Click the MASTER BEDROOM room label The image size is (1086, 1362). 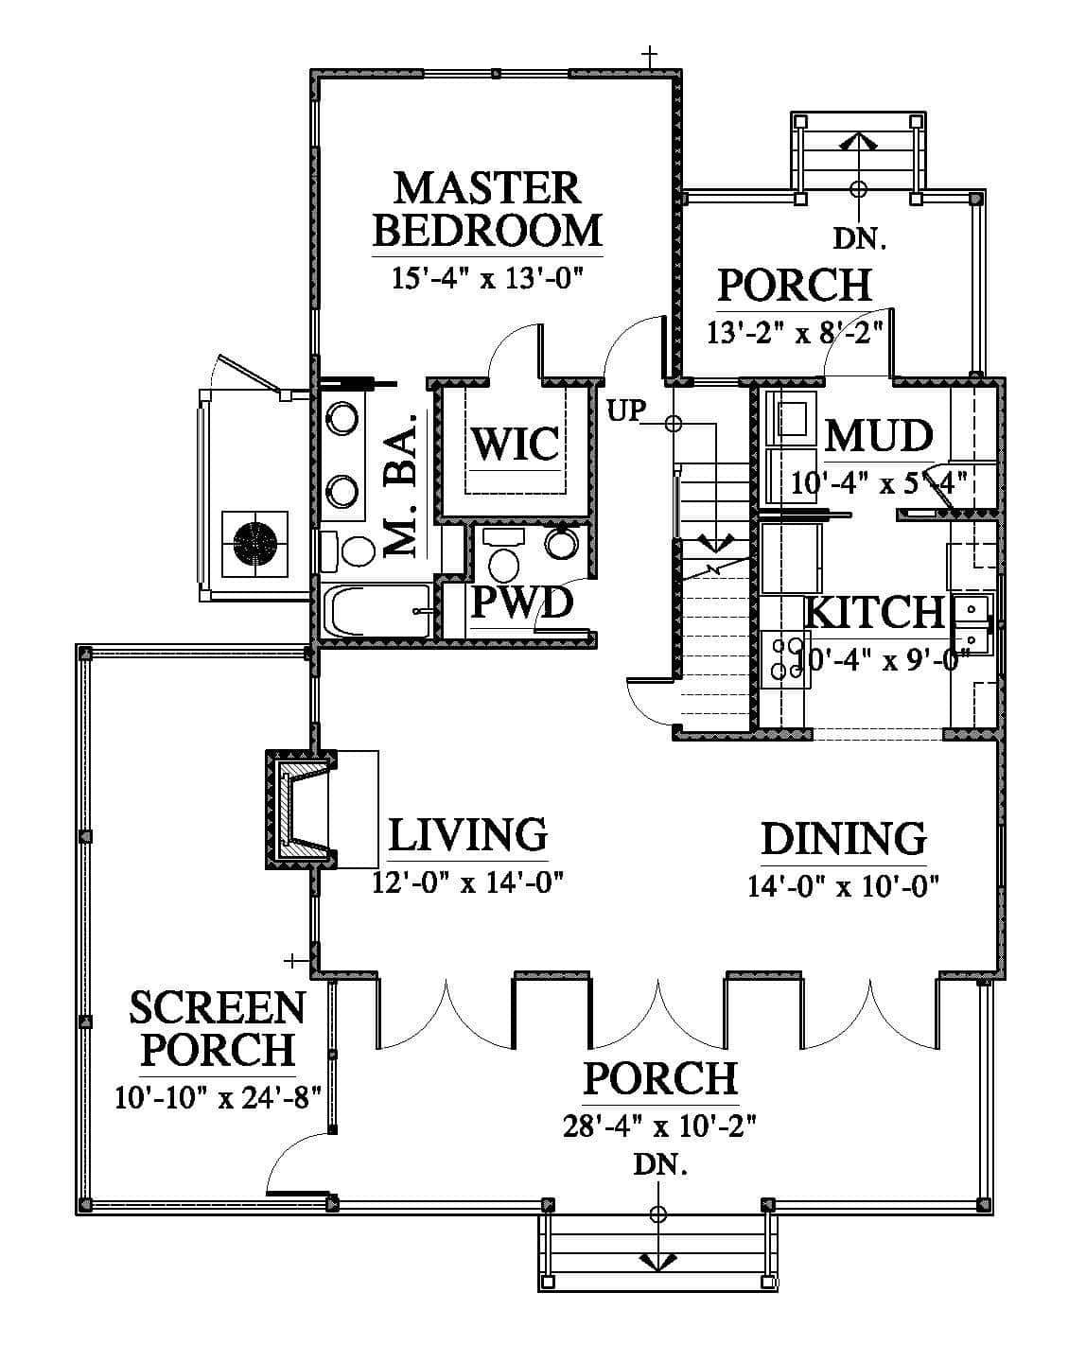tap(486, 209)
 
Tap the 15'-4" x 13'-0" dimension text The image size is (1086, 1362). tap(486, 278)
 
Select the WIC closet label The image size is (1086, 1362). tap(516, 444)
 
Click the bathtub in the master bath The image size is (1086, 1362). tap(377, 611)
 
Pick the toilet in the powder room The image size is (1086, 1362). tap(504, 557)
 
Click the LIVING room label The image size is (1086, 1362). tap(468, 835)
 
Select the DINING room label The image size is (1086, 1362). tap(844, 839)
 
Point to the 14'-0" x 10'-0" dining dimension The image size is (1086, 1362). tap(843, 886)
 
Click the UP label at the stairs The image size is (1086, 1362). tap(626, 410)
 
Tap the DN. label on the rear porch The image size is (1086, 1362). tap(859, 238)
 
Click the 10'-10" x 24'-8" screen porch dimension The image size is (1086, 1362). tap(219, 1097)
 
